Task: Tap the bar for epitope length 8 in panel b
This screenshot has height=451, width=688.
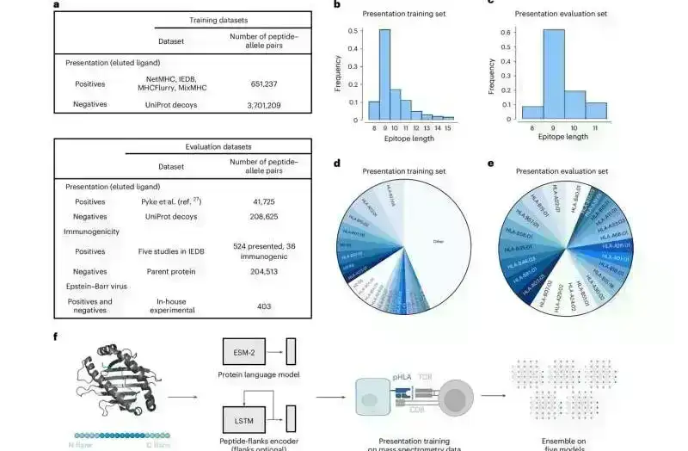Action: (373, 110)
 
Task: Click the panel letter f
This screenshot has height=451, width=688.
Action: (56, 335)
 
